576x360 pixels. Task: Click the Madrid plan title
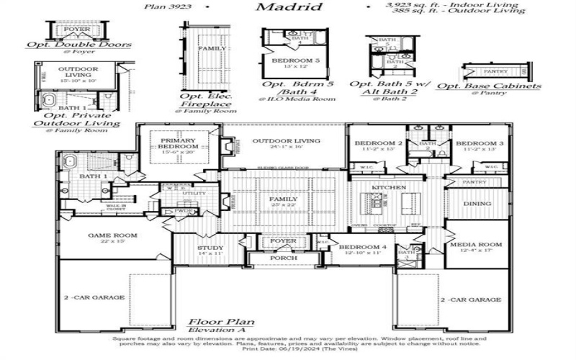point(287,7)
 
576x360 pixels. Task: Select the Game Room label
point(112,235)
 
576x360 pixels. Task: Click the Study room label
point(210,248)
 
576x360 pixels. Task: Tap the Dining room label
point(477,204)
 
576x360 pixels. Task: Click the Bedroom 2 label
point(374,143)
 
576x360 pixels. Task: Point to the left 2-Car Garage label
point(94,297)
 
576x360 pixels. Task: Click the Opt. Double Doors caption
point(78,45)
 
